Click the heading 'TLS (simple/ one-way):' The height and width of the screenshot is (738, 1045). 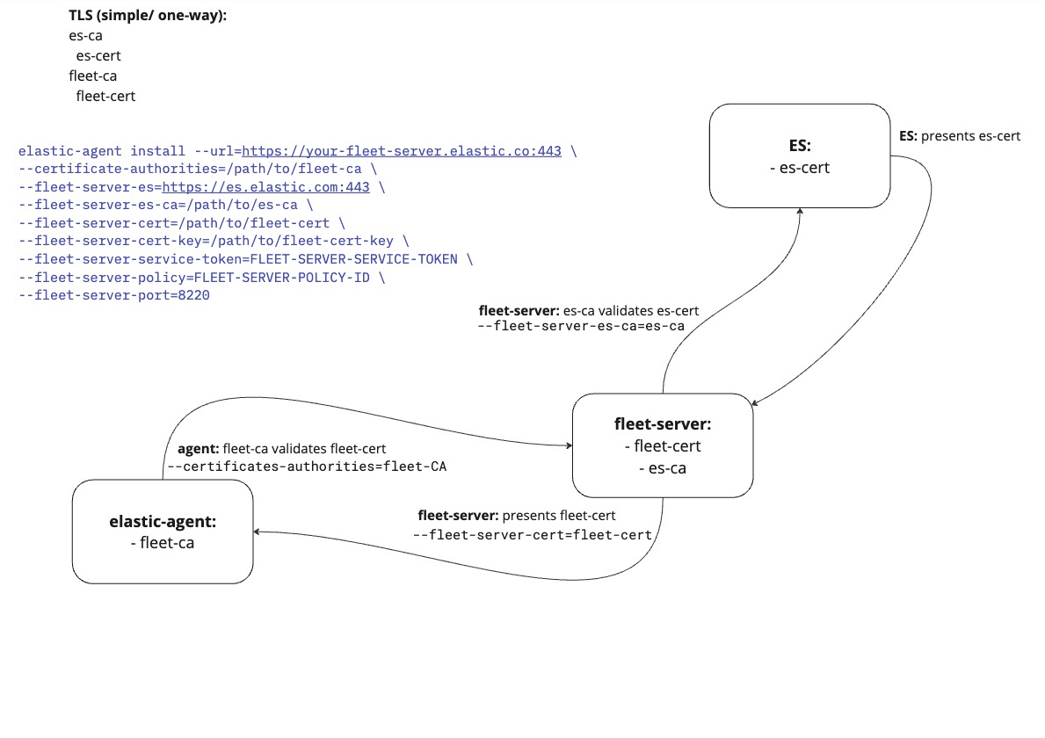click(148, 16)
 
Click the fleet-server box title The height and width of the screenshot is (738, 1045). click(663, 424)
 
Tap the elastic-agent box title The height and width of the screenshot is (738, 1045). click(163, 521)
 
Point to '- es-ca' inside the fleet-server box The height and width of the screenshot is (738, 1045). click(663, 468)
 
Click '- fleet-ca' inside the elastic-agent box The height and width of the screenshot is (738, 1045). click(163, 543)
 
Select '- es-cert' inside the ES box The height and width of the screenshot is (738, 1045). click(800, 168)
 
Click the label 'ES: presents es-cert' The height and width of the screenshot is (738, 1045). click(960, 136)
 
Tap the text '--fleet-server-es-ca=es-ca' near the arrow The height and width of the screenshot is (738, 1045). click(581, 326)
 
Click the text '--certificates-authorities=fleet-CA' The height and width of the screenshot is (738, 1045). click(307, 467)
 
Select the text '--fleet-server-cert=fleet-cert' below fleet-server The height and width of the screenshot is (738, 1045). click(533, 534)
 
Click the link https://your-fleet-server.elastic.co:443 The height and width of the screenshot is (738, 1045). click(402, 151)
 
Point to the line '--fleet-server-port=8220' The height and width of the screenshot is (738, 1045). click(114, 295)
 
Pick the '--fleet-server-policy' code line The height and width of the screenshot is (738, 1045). click(202, 277)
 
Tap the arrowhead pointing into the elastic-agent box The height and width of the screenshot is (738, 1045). click(258, 532)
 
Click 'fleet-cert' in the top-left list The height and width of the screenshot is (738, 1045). click(105, 96)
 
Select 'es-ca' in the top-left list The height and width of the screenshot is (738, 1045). click(85, 36)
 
